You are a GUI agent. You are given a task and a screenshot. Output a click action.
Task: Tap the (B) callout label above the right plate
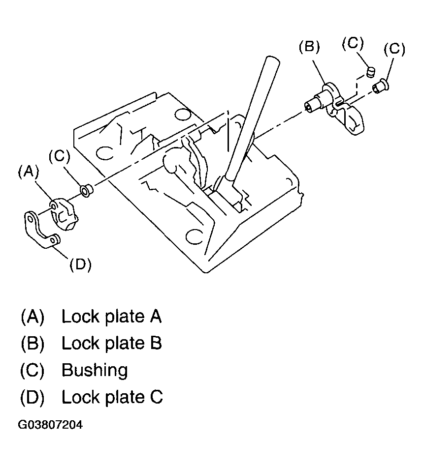(x=309, y=47)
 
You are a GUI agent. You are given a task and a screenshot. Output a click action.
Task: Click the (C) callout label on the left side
(x=59, y=156)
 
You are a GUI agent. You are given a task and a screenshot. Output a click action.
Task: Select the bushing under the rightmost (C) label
(x=380, y=88)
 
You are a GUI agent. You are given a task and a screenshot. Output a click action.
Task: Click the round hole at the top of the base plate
(x=183, y=115)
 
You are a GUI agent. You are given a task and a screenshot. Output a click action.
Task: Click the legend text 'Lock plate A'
(x=111, y=317)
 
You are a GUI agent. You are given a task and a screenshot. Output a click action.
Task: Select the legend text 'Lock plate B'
(x=111, y=343)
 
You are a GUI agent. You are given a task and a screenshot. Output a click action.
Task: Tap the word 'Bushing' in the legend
(x=95, y=370)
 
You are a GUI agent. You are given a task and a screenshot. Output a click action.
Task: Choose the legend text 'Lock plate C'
(x=112, y=396)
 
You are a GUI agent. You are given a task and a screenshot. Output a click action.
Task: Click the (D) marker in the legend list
(x=33, y=397)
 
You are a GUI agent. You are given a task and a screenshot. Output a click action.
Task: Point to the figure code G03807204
(x=50, y=424)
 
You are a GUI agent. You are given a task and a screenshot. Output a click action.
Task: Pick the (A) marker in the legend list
(x=33, y=317)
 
